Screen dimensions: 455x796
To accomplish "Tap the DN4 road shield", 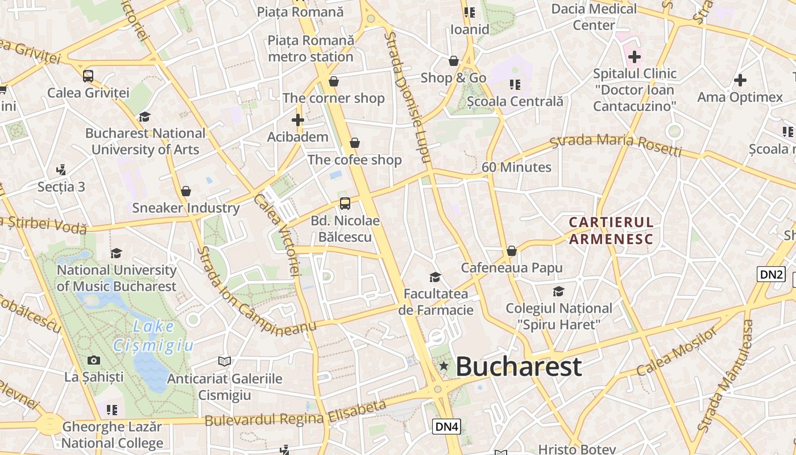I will tap(446, 427).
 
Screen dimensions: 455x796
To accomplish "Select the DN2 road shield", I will tap(772, 274).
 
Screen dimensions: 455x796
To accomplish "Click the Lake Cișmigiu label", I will tap(154, 336).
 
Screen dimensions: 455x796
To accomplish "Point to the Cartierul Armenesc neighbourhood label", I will tap(611, 230).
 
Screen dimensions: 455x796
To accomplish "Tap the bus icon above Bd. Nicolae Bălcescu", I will tap(345, 203).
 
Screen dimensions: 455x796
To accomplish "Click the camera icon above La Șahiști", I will tap(94, 360).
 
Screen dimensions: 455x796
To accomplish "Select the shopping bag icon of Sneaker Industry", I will tap(185, 191).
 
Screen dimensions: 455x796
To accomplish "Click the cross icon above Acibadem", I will tap(297, 120).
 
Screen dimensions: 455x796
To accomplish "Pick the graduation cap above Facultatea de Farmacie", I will tap(435, 277).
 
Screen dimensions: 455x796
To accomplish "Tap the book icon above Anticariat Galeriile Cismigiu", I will tap(225, 361).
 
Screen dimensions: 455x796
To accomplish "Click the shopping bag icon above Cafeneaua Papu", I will tap(511, 251).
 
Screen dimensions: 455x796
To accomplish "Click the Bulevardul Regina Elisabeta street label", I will tap(296, 413).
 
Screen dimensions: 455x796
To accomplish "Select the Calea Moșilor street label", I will tap(677, 352).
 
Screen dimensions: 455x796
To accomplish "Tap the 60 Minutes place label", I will tap(516, 167).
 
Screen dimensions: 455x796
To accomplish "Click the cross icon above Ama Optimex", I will tap(740, 80).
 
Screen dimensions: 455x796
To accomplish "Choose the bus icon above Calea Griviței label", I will tap(88, 76).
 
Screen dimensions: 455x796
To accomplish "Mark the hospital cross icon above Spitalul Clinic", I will tap(635, 56).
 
